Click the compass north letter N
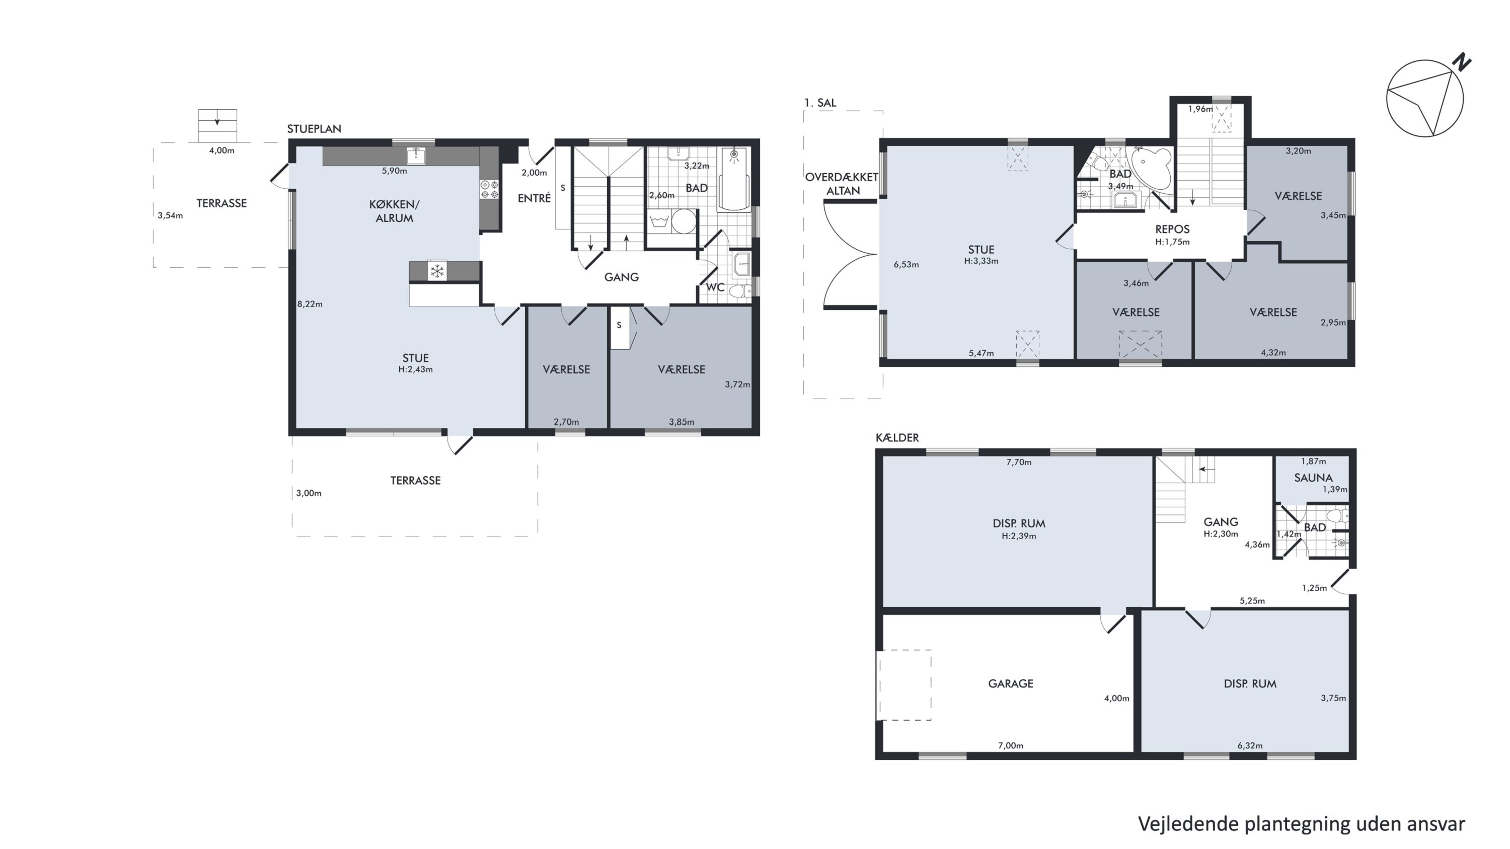coord(1463,61)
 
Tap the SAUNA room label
coord(1313,478)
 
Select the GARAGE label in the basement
coord(1011,683)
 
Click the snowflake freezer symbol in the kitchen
coord(437,271)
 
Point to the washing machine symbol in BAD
coord(660,222)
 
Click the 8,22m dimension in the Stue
coord(310,304)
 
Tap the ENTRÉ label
coord(534,198)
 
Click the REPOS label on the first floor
coord(1172,229)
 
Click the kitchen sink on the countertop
coord(416,156)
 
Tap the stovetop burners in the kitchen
coord(489,189)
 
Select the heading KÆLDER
coord(897,438)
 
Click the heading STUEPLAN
coord(314,129)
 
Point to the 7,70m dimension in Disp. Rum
coord(1019,462)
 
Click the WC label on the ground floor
coord(715,287)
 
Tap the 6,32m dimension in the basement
coord(1250,746)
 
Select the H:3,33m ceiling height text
coord(981,261)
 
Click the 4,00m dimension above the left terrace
coord(221,150)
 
